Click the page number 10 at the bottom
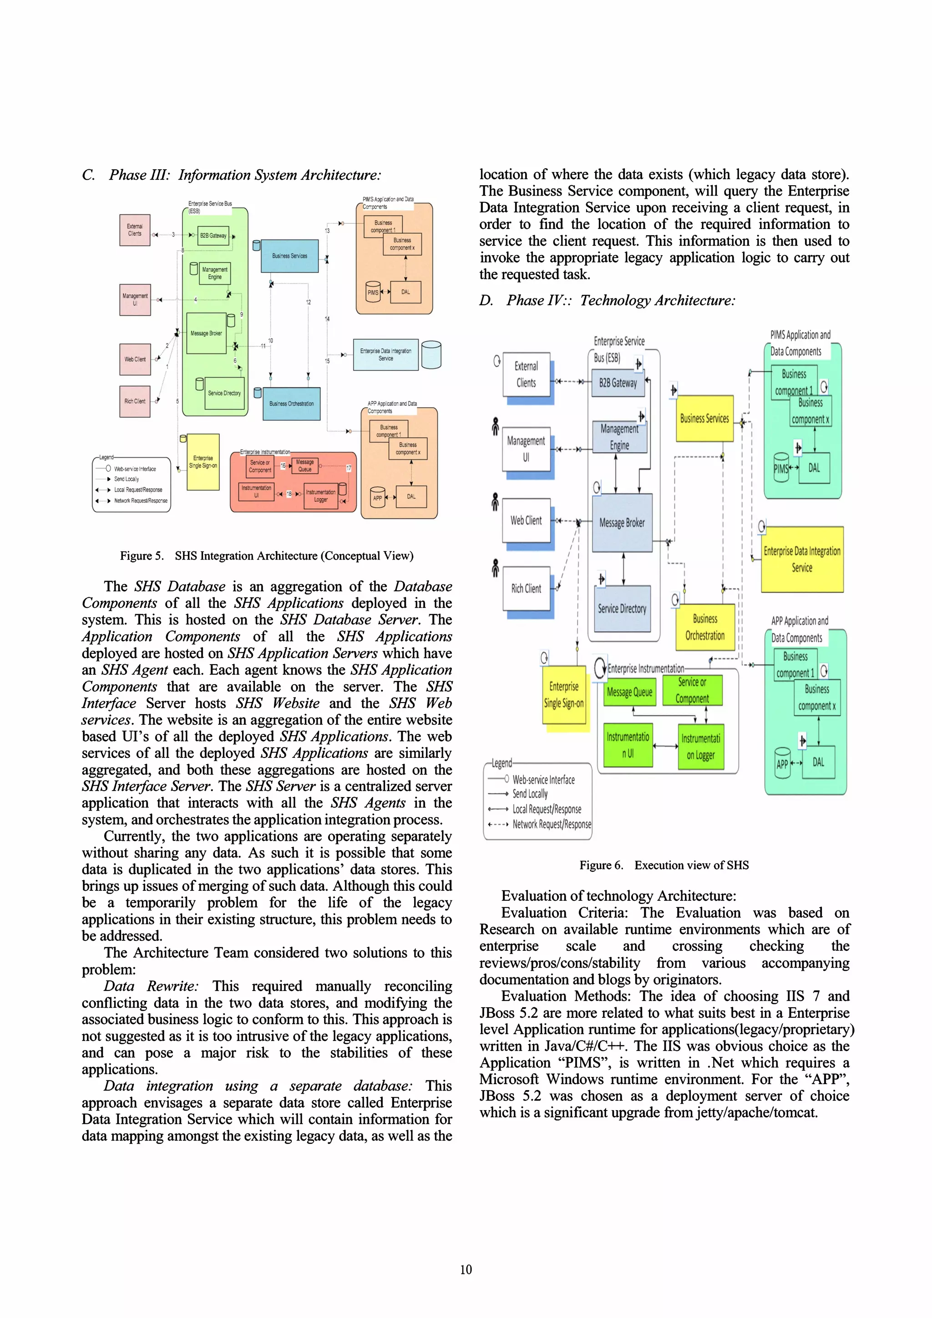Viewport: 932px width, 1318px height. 466,1269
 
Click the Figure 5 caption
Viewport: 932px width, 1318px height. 267,555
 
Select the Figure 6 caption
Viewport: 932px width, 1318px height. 664,865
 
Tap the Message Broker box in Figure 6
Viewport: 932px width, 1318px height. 622,522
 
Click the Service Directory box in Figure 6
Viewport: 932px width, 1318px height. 622,608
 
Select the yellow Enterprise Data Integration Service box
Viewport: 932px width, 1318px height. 802,559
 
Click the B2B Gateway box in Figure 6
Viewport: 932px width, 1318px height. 618,383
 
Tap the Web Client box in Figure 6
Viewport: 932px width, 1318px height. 526,520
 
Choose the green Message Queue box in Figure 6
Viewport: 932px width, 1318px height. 629,692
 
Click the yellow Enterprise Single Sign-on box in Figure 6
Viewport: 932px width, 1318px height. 564,695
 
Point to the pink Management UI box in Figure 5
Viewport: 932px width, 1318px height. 135,300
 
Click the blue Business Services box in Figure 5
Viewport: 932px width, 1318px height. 289,256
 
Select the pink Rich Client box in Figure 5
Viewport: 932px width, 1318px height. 135,401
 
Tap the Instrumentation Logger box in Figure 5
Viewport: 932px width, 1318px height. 320,495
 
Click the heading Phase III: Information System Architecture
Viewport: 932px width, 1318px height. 232,175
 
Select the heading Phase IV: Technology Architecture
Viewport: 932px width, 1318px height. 607,300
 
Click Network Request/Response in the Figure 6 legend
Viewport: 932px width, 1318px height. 551,824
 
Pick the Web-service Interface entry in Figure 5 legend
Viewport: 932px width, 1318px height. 134,469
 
